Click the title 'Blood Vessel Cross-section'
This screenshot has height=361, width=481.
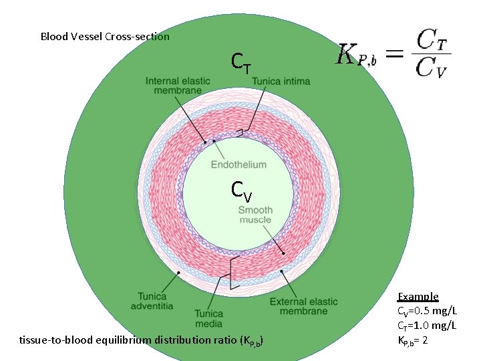pyautogui.click(x=105, y=37)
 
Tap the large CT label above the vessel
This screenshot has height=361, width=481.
pyautogui.click(x=241, y=64)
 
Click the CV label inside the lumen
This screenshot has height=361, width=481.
pyautogui.click(x=241, y=191)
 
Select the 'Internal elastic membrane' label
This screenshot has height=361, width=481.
pyautogui.click(x=178, y=86)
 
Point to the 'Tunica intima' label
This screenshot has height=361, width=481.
pyautogui.click(x=281, y=82)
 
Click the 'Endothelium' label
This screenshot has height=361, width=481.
pyautogui.click(x=238, y=164)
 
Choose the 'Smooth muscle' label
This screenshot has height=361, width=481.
pyautogui.click(x=255, y=215)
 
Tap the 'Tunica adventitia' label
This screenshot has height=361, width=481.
pyautogui.click(x=155, y=301)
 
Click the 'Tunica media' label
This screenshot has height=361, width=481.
pyautogui.click(x=209, y=318)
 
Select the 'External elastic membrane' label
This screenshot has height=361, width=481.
pyautogui.click(x=304, y=306)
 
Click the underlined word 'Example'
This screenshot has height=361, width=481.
pyautogui.click(x=418, y=296)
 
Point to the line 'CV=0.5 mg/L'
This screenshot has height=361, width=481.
pyautogui.click(x=428, y=311)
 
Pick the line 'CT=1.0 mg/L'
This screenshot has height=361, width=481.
pyautogui.click(x=428, y=326)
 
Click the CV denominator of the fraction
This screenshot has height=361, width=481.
pyautogui.click(x=432, y=68)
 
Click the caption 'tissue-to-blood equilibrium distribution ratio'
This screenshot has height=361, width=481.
pyautogui.click(x=142, y=340)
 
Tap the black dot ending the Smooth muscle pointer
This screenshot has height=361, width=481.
pyautogui.click(x=283, y=253)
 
